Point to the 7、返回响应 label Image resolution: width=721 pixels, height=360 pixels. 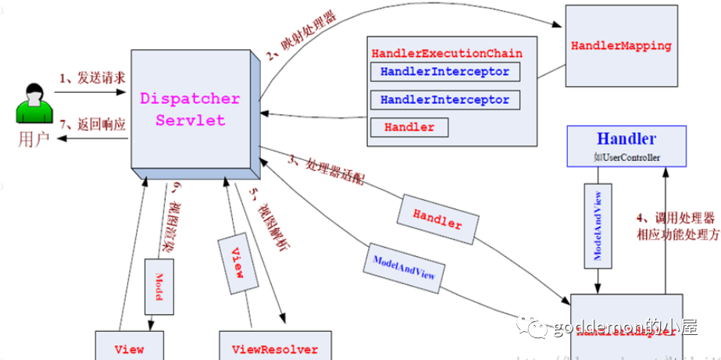pyautogui.click(x=91, y=124)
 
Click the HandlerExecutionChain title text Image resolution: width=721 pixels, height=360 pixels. pyautogui.click(x=447, y=54)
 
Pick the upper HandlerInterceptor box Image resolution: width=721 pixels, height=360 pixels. pyautogui.click(x=444, y=72)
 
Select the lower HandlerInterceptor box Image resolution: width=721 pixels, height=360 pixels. pyautogui.click(x=444, y=100)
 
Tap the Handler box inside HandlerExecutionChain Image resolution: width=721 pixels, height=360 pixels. pyautogui.click(x=409, y=127)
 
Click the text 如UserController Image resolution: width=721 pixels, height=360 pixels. pyautogui.click(x=626, y=157)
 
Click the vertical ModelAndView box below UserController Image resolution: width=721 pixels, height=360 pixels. pyautogui.click(x=598, y=224)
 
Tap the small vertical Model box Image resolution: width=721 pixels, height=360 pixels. pyautogui.click(x=157, y=287)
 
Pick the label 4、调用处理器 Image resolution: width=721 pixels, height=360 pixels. pyautogui.click(x=673, y=218)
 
